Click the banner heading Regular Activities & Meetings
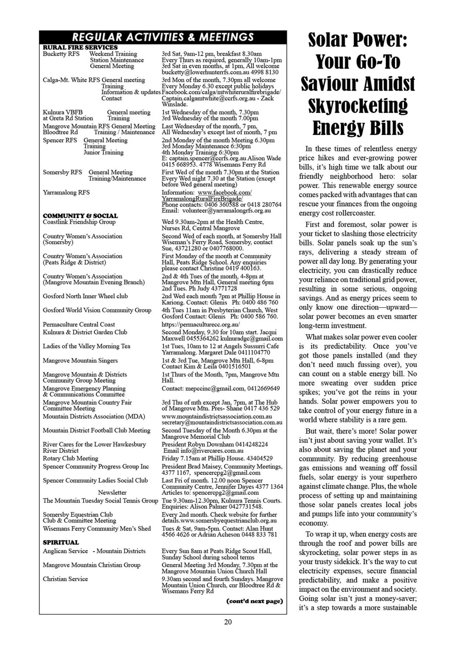163,37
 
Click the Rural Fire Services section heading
80,48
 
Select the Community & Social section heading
80,216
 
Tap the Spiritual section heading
61,543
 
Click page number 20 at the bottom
228,622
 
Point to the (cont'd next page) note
255,601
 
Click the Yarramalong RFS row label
66,192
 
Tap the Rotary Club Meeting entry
71,459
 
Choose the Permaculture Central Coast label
79,325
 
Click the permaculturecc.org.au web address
201,325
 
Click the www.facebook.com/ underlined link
225,192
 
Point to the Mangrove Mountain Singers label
80,360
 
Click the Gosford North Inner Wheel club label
85,296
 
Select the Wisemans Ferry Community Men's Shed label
97,529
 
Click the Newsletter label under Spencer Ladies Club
112,493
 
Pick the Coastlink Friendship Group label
79,222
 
